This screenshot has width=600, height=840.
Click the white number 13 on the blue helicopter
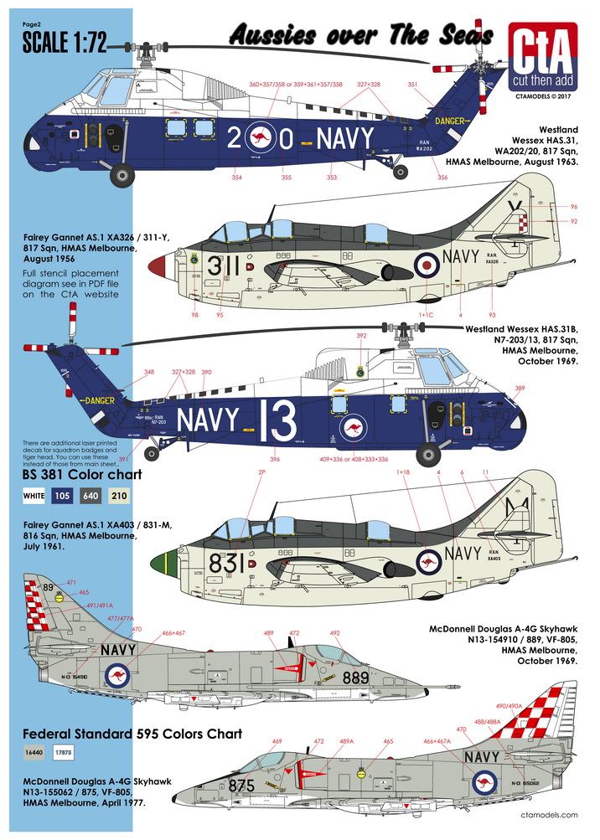(275, 415)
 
